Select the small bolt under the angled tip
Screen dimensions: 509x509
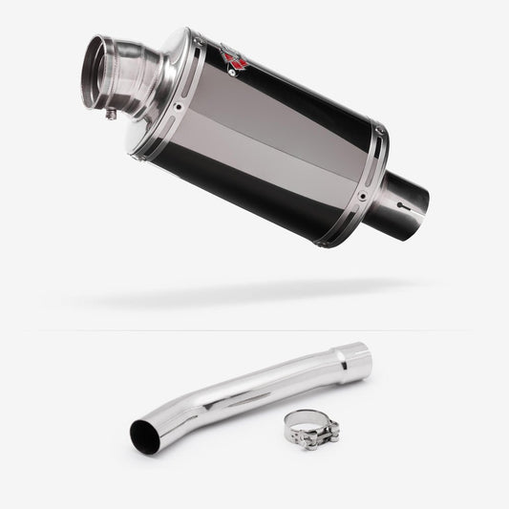112,116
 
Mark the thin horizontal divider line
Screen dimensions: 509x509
254,330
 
